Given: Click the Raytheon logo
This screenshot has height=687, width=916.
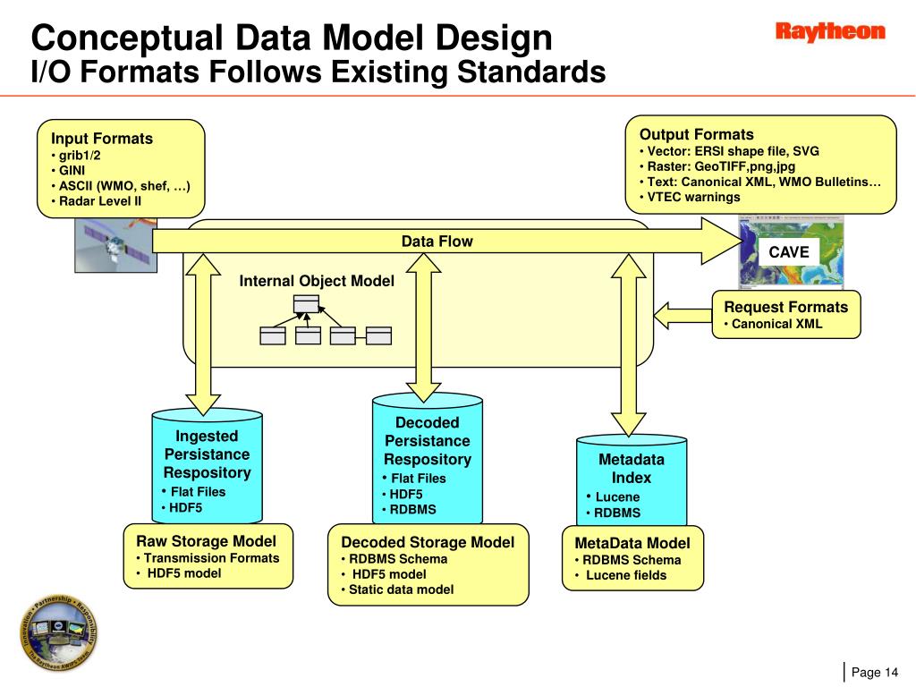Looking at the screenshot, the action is (x=830, y=31).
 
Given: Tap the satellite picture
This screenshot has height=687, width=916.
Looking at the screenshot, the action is (x=115, y=245).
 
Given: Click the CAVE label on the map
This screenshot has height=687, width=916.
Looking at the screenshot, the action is (x=789, y=251).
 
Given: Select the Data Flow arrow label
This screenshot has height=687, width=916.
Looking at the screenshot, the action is (x=437, y=242).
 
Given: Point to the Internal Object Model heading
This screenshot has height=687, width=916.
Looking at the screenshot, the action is (x=317, y=281).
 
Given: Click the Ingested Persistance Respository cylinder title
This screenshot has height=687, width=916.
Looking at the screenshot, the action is (x=208, y=454).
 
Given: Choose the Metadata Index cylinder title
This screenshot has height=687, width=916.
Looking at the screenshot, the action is (x=632, y=469).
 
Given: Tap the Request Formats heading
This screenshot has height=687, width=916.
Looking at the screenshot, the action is (x=785, y=307).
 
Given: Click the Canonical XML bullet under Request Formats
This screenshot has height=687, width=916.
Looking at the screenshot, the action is (x=773, y=324).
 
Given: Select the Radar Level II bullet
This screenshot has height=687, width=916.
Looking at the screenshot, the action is (x=97, y=201).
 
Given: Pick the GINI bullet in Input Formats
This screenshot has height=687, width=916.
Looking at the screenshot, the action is (x=68, y=170).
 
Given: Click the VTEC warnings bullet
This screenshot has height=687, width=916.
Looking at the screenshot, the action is (x=690, y=197).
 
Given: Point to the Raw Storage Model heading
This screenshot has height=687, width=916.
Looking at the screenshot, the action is (x=207, y=541).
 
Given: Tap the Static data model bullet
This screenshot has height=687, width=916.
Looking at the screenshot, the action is (x=398, y=589).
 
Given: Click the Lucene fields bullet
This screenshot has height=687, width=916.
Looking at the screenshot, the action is (x=621, y=575).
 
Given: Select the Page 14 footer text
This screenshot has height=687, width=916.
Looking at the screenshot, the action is (x=875, y=673).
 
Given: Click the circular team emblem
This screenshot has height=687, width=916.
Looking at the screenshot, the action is (x=58, y=632).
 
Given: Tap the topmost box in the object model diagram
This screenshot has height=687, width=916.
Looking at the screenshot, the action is (x=306, y=304).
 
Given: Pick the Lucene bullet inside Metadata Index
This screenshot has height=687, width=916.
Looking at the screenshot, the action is (x=613, y=497).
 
